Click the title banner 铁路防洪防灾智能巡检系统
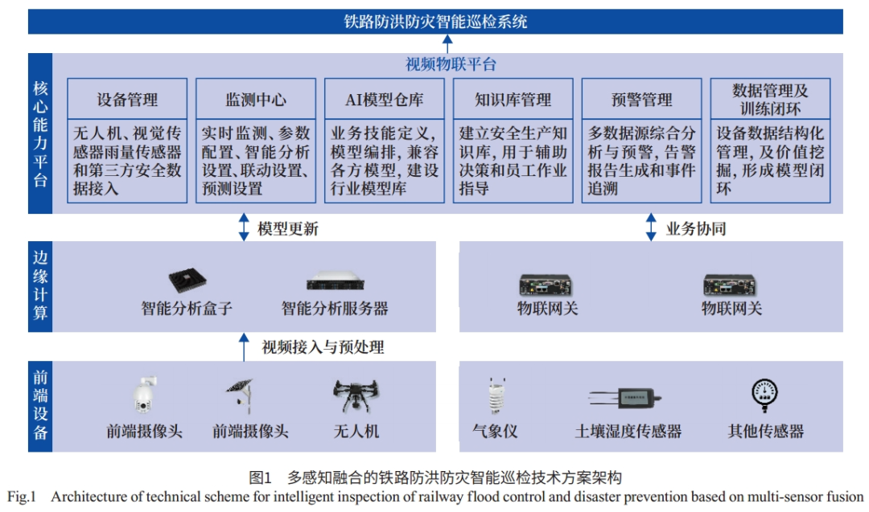tap(435, 22)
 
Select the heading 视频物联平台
tap(451, 65)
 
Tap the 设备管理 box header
tap(127, 100)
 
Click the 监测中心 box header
tap(256, 100)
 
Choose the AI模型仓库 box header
tap(384, 100)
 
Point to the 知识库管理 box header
tap(513, 100)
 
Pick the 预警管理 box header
tap(641, 100)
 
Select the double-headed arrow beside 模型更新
tap(244, 227)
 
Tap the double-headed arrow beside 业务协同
tap(652, 227)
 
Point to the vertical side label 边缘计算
tap(40, 285)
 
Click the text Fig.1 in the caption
tap(22, 497)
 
